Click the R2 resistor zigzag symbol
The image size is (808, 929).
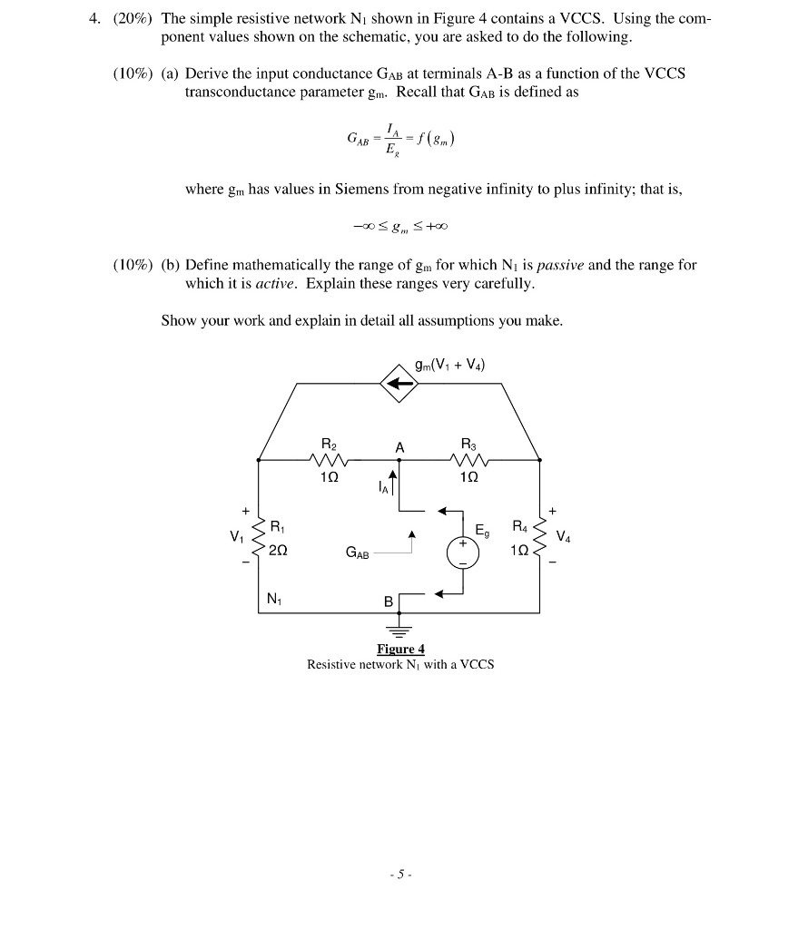(x=328, y=460)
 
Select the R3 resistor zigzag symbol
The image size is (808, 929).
(x=468, y=460)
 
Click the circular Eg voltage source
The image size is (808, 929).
(x=463, y=553)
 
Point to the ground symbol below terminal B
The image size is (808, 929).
(x=400, y=631)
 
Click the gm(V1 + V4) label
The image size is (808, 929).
(x=449, y=366)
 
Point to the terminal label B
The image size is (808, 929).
(x=389, y=601)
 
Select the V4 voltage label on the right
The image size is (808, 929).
(x=564, y=534)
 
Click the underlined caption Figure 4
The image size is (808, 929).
(x=400, y=649)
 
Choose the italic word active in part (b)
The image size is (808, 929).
(x=279, y=283)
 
